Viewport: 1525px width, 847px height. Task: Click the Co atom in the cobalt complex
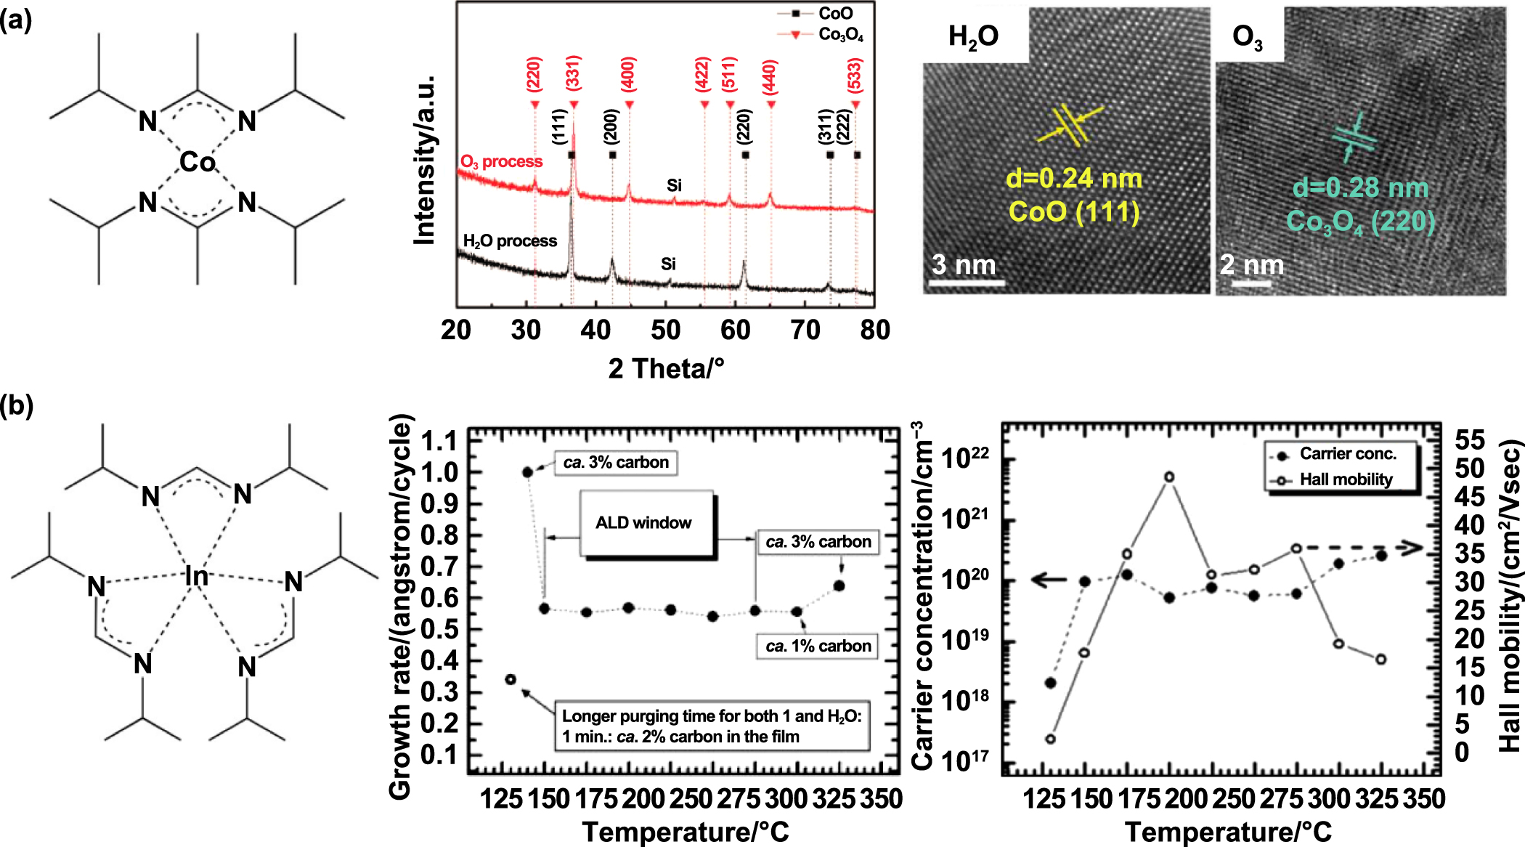198,161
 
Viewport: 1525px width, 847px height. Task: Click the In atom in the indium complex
196,576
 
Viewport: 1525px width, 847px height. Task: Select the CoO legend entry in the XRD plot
834,14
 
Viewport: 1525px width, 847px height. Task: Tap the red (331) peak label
573,72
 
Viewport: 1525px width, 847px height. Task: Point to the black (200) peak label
611,126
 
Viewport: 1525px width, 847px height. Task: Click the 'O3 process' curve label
501,161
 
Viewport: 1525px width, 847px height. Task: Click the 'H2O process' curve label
510,241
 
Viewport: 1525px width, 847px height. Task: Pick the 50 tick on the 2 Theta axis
665,330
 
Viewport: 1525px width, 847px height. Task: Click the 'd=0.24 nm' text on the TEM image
1073,179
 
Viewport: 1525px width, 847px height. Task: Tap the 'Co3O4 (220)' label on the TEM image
1360,221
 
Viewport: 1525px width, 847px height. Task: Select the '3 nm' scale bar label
964,265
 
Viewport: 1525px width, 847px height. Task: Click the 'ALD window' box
643,523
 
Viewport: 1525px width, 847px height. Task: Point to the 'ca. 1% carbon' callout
818,646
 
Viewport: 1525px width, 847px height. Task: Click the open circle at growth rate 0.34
511,679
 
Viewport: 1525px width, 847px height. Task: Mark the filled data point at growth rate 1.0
528,472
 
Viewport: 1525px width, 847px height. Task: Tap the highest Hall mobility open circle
1169,477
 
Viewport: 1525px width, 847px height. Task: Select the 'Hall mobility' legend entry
1345,479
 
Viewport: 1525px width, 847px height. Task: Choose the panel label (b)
17,405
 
